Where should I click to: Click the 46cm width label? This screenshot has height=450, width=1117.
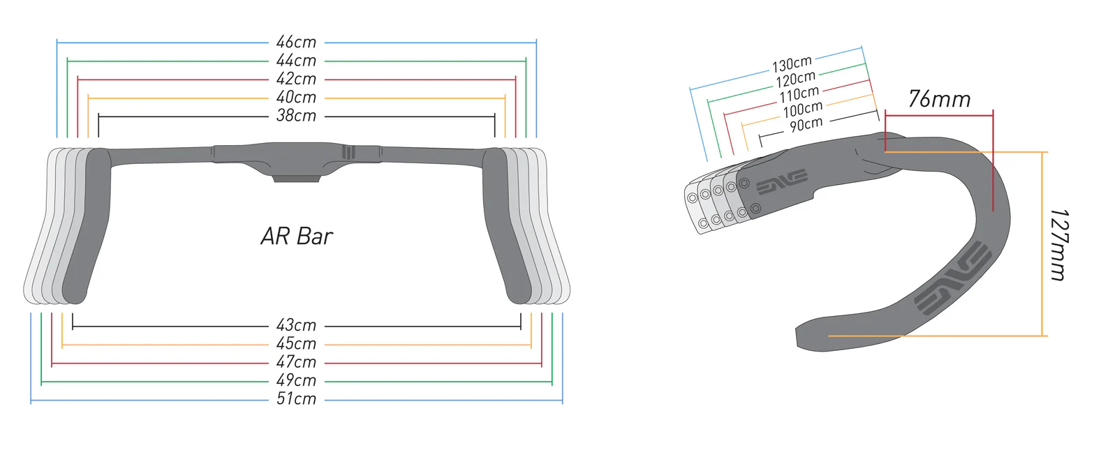pyautogui.click(x=296, y=43)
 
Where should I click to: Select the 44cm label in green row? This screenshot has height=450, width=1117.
pyautogui.click(x=296, y=61)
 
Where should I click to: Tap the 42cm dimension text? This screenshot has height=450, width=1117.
pyautogui.click(x=296, y=80)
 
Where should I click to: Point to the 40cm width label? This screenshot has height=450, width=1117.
pyautogui.click(x=296, y=98)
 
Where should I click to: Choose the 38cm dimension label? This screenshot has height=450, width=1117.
pyautogui.click(x=296, y=116)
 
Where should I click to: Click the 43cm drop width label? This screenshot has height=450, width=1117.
pyautogui.click(x=296, y=326)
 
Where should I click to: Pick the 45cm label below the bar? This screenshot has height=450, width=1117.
pyautogui.click(x=296, y=344)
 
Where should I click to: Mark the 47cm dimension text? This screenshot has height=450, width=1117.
pyautogui.click(x=296, y=362)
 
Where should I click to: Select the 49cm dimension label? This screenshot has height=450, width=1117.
pyautogui.click(x=296, y=381)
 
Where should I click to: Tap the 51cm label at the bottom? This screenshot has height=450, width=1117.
pyautogui.click(x=296, y=399)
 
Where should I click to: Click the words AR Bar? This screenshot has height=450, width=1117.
pyautogui.click(x=297, y=237)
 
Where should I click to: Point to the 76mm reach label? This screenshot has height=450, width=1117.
pyautogui.click(x=939, y=99)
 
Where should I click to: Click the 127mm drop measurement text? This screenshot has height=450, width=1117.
pyautogui.click(x=1058, y=244)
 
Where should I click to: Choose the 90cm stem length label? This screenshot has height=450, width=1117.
pyautogui.click(x=806, y=125)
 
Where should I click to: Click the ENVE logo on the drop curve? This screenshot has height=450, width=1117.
pyautogui.click(x=954, y=278)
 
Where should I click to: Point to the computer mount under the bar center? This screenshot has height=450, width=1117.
pyautogui.click(x=296, y=178)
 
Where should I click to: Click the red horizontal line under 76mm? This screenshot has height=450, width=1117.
pyautogui.click(x=939, y=116)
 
